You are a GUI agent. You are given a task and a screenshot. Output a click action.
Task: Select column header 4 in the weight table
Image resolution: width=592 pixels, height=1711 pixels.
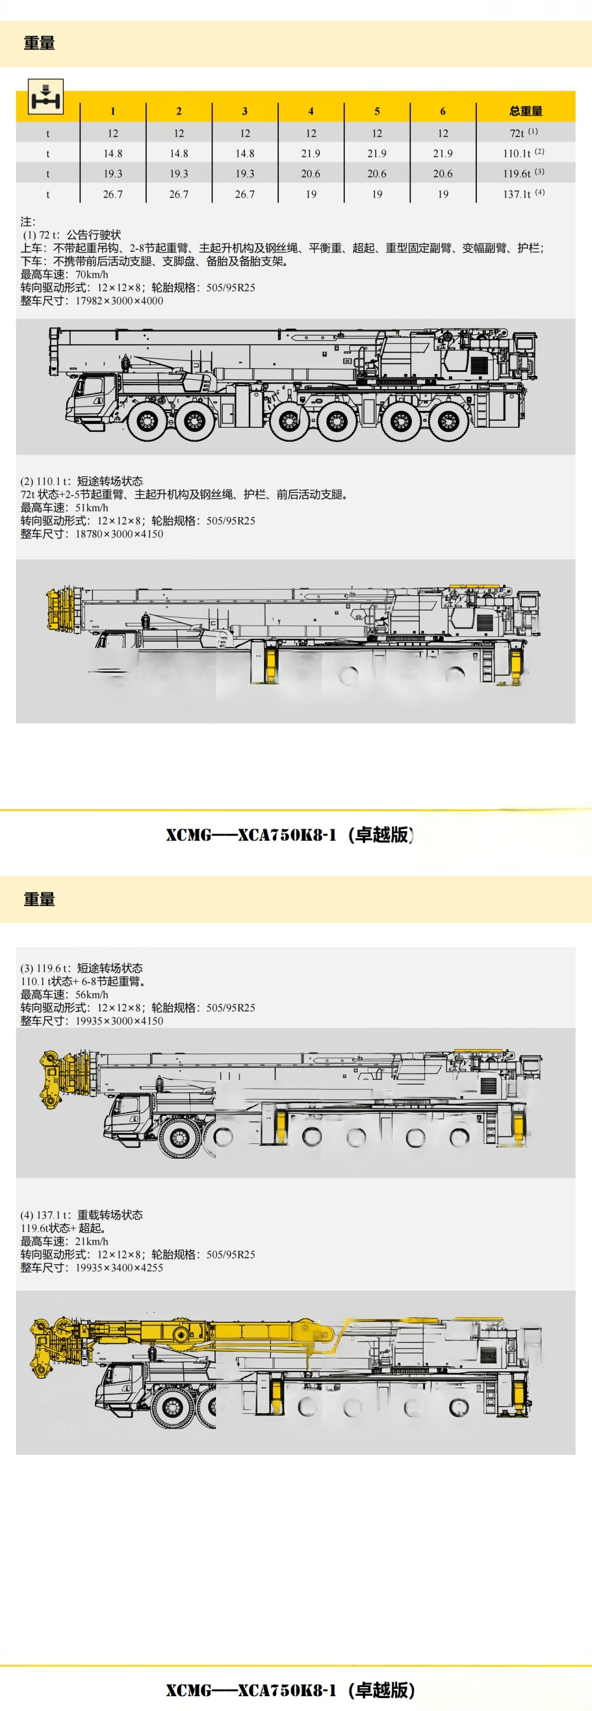tap(311, 111)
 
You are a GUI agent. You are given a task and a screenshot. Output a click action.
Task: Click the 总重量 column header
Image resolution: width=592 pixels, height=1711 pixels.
tap(525, 111)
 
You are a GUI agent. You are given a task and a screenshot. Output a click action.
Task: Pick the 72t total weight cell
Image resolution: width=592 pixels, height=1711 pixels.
tap(523, 133)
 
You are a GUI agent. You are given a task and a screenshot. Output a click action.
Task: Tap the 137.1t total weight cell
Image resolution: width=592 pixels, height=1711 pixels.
tap(523, 194)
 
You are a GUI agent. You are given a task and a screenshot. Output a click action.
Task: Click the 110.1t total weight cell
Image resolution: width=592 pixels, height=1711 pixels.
tap(523, 153)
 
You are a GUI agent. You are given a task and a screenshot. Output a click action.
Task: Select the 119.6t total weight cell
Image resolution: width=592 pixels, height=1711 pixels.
tap(523, 173)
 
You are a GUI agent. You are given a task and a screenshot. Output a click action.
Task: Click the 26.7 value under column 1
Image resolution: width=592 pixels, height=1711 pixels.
tap(113, 194)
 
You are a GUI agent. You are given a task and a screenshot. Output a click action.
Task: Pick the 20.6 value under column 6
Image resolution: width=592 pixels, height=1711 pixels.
tap(443, 173)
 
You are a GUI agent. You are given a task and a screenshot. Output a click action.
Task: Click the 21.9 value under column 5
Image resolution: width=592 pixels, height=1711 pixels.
tap(377, 153)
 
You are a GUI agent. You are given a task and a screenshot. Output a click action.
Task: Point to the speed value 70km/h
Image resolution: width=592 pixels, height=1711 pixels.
tap(92, 274)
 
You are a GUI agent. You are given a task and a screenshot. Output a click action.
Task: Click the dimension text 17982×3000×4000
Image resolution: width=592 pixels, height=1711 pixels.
tap(119, 300)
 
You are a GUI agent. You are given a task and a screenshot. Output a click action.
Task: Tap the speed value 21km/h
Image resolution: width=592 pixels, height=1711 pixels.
tap(92, 1241)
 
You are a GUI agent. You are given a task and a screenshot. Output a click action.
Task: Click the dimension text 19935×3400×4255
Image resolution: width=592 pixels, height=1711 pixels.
tap(119, 1267)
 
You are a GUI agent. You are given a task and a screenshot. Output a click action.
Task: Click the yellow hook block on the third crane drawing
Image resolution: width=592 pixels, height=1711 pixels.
tap(50, 1080)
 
